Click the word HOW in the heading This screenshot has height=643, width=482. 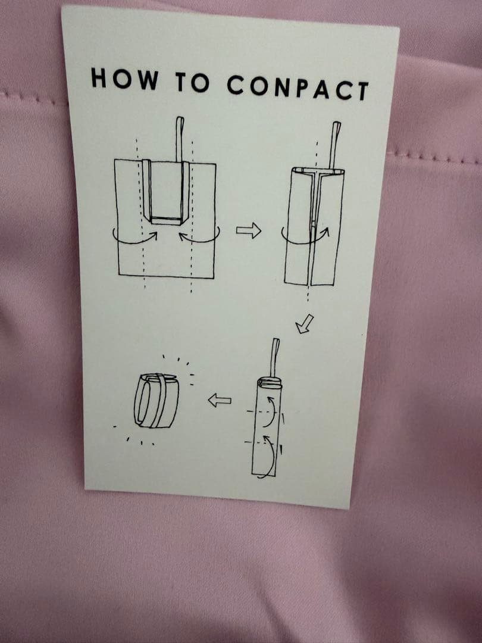click(124, 79)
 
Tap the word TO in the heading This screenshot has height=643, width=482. click(192, 82)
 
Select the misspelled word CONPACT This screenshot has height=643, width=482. click(298, 88)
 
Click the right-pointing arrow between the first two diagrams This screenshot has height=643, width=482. click(248, 230)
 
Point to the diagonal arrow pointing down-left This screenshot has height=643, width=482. click(305, 323)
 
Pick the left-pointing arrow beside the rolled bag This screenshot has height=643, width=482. click(219, 400)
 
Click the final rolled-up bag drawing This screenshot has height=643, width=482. click(157, 400)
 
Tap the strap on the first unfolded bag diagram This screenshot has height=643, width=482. click(180, 139)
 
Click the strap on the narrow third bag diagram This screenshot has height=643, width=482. click(275, 358)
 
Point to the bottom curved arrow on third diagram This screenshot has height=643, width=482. click(270, 457)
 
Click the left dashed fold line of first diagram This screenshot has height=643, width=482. click(140, 213)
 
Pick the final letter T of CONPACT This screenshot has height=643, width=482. click(363, 92)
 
